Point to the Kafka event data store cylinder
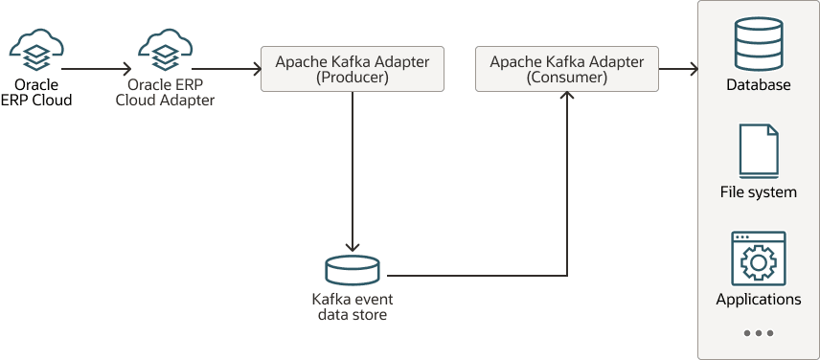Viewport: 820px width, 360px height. pos(353,270)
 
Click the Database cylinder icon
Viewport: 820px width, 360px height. pos(758,43)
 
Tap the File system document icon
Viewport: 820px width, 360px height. pos(758,150)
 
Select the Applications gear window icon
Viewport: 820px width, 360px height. pos(758,257)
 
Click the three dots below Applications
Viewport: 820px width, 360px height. pos(758,333)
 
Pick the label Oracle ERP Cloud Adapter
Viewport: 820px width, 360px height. pos(171,92)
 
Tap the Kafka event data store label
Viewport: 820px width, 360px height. pos(353,306)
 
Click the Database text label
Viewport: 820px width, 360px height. pos(758,85)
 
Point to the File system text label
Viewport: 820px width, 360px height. pos(758,192)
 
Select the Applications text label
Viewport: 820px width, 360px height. pos(758,300)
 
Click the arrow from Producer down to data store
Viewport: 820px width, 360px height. pos(353,172)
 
